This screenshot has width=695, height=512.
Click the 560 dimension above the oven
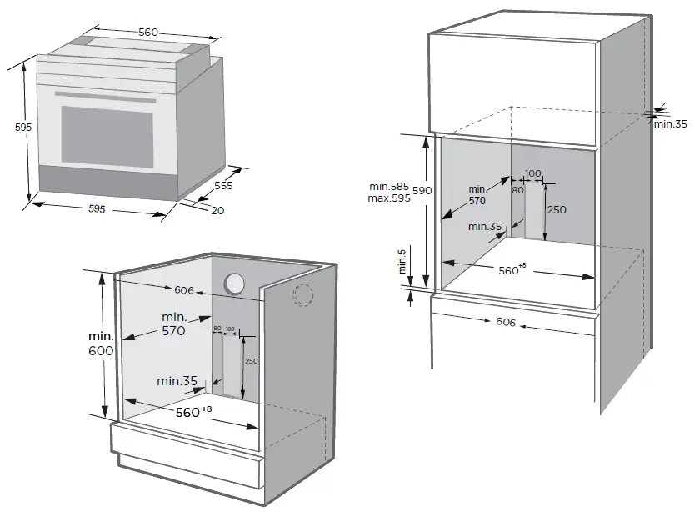point(148,33)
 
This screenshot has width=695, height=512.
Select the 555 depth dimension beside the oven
point(223,187)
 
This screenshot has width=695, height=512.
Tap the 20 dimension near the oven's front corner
point(217,211)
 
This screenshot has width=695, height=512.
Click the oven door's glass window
point(107,134)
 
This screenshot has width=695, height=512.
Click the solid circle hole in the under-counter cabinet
point(235,284)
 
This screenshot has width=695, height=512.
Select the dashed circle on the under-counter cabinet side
point(303,294)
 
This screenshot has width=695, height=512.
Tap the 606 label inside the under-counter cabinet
point(184,290)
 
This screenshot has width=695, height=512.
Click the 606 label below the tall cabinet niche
point(505,322)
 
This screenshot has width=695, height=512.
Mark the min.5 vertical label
point(402,262)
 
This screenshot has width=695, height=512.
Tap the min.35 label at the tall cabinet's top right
point(669,123)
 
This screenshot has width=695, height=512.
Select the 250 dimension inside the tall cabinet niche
point(556,209)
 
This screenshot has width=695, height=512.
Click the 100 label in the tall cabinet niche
point(533,173)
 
